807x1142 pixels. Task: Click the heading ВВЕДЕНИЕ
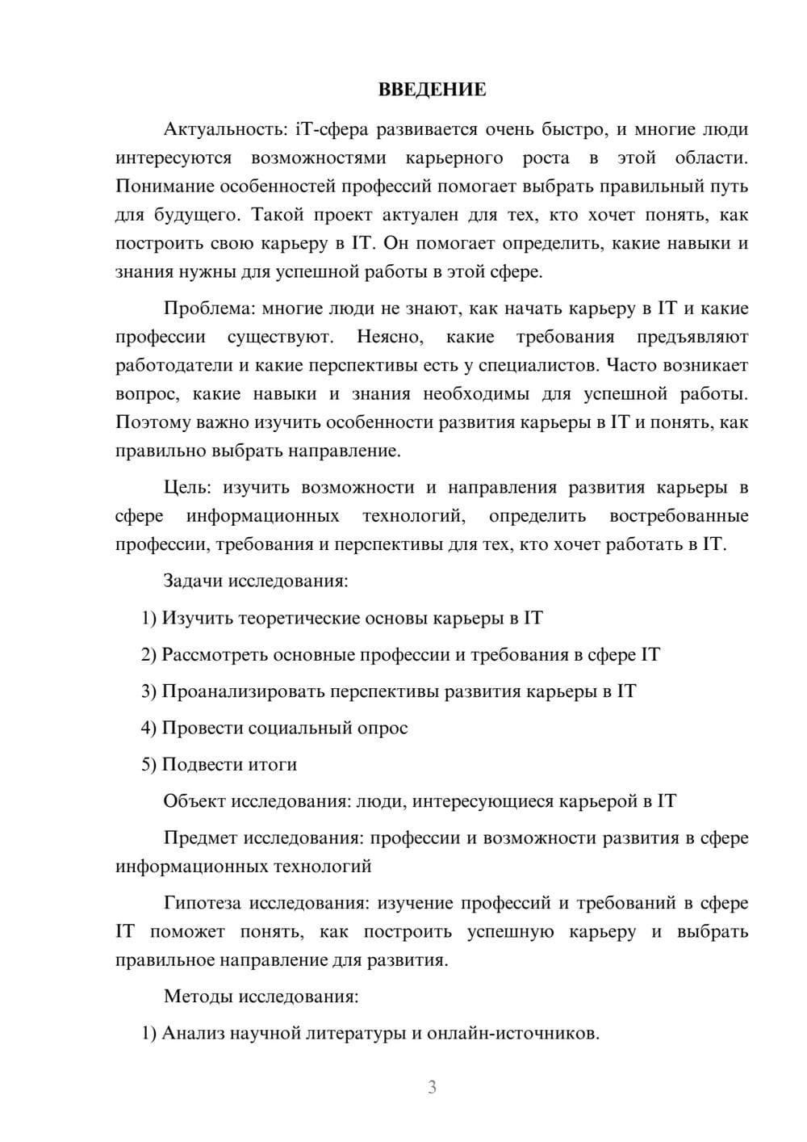pyautogui.click(x=432, y=90)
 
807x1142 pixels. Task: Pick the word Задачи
pyautogui.click(x=194, y=581)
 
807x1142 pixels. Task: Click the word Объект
pyautogui.click(x=194, y=802)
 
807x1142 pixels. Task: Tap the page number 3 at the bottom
pyautogui.click(x=432, y=1088)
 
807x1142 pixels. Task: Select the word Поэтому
pyautogui.click(x=154, y=423)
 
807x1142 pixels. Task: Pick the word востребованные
pyautogui.click(x=679, y=517)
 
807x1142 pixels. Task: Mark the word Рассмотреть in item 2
pyautogui.click(x=215, y=655)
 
